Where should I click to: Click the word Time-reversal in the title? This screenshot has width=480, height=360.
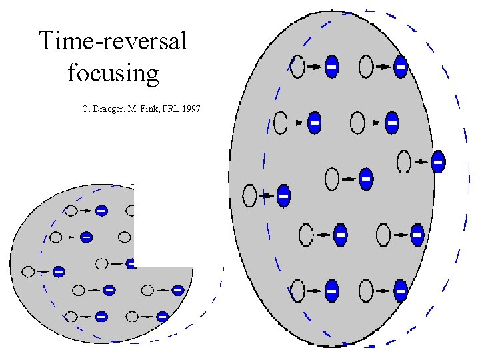[113, 41]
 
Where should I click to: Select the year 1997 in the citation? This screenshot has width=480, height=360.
[189, 107]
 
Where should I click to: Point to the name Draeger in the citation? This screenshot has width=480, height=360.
[109, 107]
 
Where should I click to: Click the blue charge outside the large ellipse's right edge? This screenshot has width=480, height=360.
[438, 162]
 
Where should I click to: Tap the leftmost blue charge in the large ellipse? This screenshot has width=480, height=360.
[283, 196]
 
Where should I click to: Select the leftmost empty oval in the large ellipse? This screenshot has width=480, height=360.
[250, 195]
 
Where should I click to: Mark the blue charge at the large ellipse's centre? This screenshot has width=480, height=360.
[365, 179]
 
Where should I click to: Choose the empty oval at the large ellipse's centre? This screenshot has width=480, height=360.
[332, 179]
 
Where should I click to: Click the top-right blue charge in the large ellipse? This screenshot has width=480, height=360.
[400, 67]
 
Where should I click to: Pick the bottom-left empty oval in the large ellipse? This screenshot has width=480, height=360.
[297, 291]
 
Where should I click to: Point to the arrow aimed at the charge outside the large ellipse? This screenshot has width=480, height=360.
[421, 161]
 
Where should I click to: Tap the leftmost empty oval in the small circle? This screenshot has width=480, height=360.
[28, 271]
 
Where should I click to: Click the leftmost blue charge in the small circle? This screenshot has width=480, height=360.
[59, 271]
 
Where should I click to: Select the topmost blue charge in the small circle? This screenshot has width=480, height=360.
[101, 211]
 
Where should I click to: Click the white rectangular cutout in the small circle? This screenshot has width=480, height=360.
[164, 227]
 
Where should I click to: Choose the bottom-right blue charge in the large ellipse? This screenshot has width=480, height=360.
[400, 291]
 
